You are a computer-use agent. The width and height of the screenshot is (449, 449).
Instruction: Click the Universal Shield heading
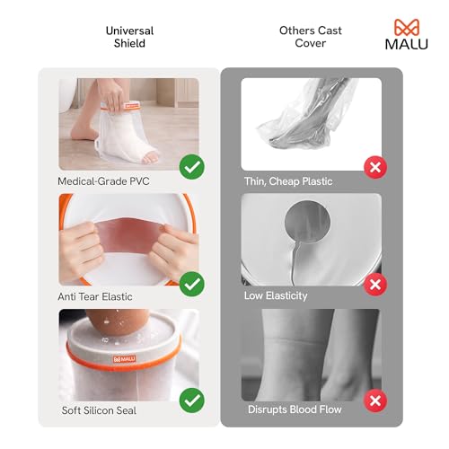pyautogui.click(x=128, y=36)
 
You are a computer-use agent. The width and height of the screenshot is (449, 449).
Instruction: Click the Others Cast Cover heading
pyautogui.click(x=310, y=36)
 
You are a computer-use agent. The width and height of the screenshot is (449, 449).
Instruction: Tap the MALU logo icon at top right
pyautogui.click(x=407, y=27)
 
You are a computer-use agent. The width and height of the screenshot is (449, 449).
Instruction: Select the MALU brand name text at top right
pyautogui.click(x=407, y=44)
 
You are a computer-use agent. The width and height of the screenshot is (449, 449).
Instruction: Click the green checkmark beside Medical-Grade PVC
pyautogui.click(x=190, y=167)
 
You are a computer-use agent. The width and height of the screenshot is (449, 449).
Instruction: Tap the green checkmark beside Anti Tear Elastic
pyautogui.click(x=190, y=284)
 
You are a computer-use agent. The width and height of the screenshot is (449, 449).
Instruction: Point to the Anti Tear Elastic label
pyautogui.click(x=96, y=295)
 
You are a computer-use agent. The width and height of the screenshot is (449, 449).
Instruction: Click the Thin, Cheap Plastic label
pyautogui.click(x=288, y=181)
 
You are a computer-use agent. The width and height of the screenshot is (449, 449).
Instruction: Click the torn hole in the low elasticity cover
pyautogui.click(x=303, y=226)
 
